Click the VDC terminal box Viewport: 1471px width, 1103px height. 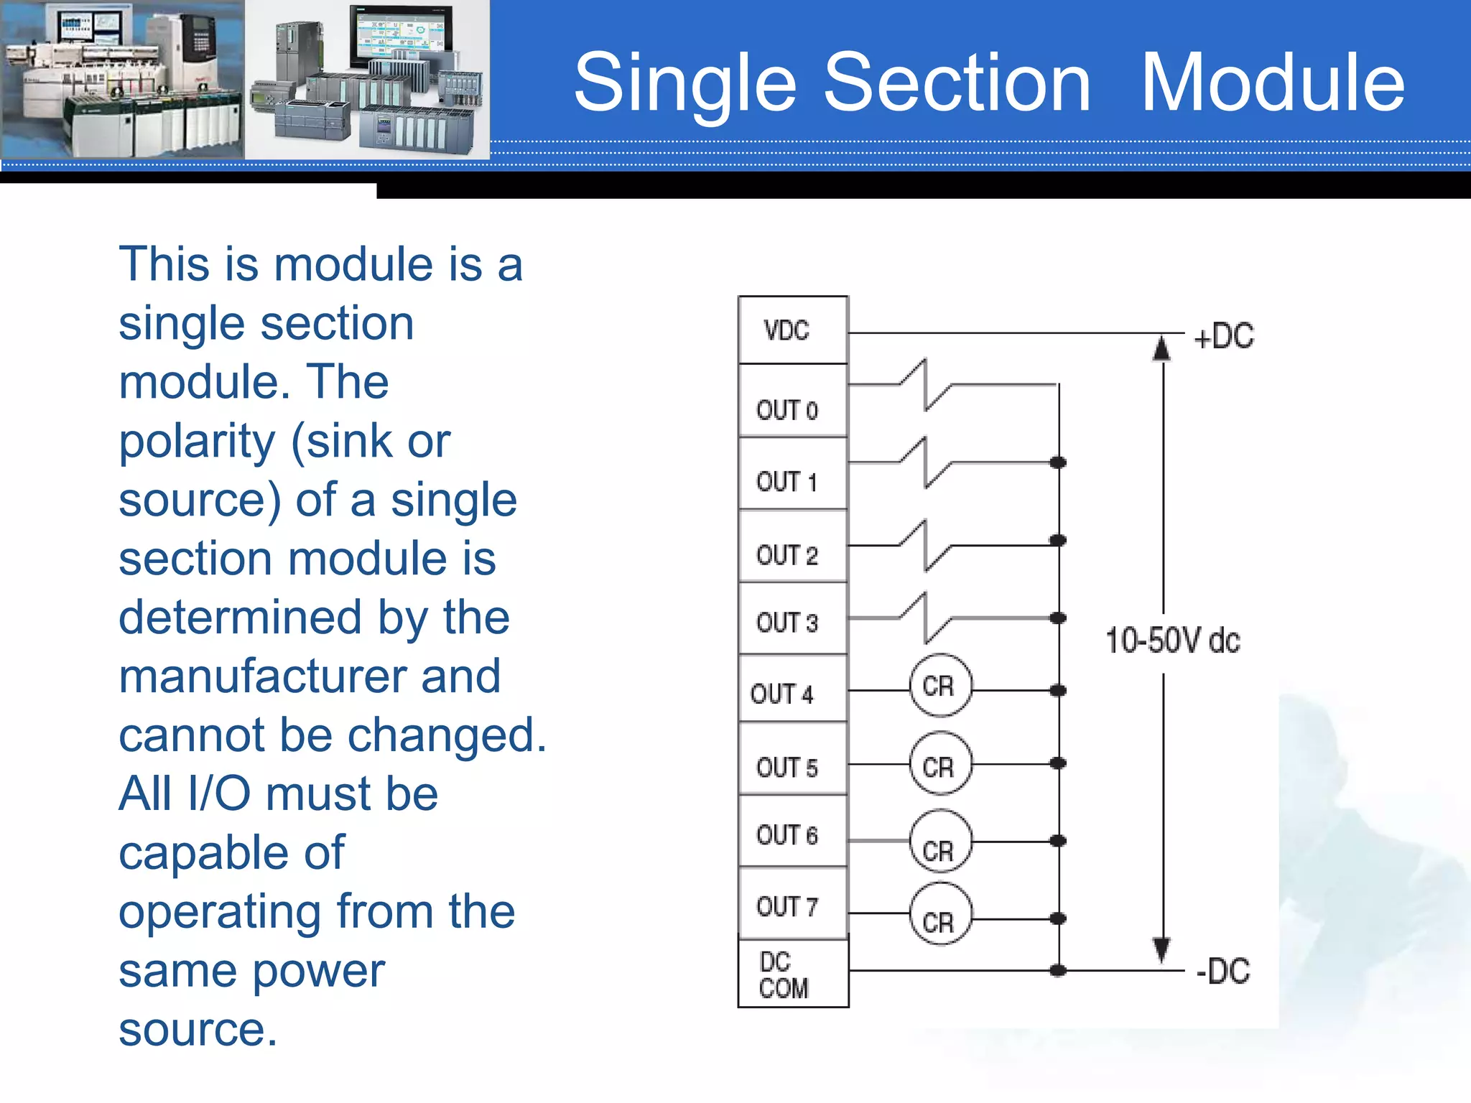(792, 330)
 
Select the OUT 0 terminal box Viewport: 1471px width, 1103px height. (792, 402)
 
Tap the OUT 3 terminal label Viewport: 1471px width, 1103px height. (786, 623)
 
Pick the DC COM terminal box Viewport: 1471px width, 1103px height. (792, 974)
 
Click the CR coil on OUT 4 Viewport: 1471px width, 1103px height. (939, 686)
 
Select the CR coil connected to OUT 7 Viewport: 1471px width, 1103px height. (939, 916)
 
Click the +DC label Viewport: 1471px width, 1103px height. (1223, 336)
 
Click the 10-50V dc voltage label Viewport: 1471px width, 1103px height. (1172, 641)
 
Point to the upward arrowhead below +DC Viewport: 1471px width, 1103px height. (1161, 349)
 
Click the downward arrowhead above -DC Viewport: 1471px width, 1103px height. (1161, 949)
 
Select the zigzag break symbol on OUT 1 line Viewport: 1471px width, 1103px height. (925, 463)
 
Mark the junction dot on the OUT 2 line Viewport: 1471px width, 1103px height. (1058, 540)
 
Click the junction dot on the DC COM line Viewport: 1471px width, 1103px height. (1058, 971)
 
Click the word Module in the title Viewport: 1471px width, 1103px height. (1272, 83)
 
